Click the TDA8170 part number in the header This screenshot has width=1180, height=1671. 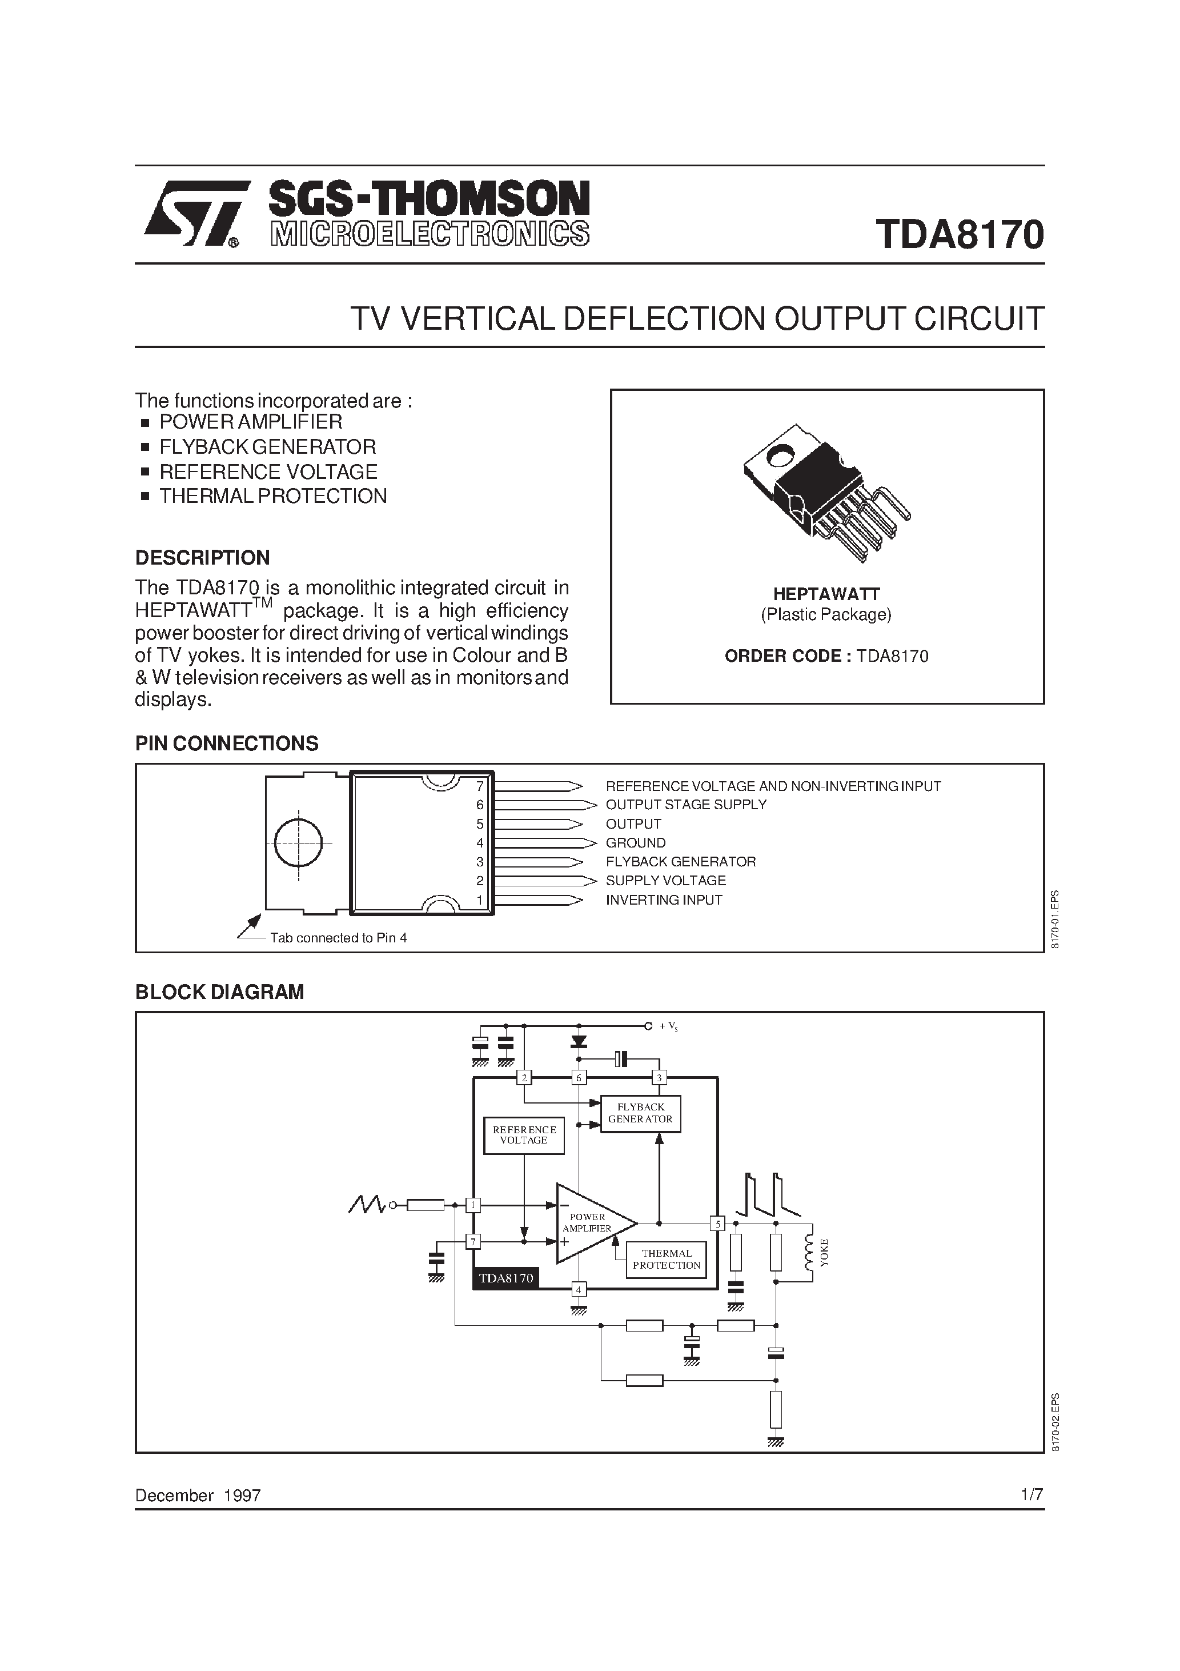click(x=960, y=234)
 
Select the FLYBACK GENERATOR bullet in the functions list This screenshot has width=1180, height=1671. click(x=267, y=446)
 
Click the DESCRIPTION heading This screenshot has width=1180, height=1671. click(x=202, y=558)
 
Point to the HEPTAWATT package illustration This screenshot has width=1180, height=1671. click(x=826, y=491)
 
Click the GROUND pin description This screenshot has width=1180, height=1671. click(x=635, y=843)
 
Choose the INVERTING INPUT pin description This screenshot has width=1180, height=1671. click(x=664, y=900)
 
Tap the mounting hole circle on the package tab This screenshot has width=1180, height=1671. click(x=298, y=843)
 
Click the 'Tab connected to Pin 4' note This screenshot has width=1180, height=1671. click(x=338, y=938)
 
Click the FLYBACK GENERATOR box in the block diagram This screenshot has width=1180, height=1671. click(x=640, y=1113)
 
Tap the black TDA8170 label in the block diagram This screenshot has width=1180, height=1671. click(x=505, y=1278)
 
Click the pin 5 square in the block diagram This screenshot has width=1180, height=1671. click(x=717, y=1224)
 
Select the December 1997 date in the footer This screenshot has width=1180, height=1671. click(x=198, y=1495)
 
